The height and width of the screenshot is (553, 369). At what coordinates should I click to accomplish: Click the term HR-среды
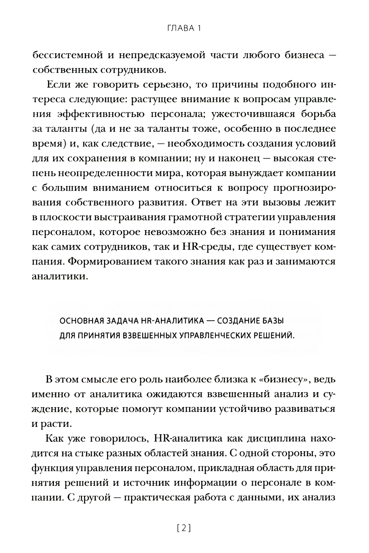pyautogui.click(x=205, y=247)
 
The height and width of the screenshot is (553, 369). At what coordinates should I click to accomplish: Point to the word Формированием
pyautogui.click(x=109, y=262)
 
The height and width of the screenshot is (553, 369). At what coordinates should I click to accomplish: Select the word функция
pyautogui.click(x=51, y=469)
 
